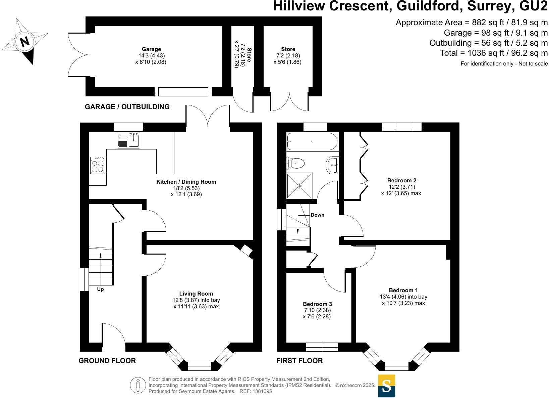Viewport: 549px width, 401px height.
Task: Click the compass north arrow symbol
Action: [24, 42]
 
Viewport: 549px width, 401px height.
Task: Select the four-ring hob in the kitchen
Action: [98, 165]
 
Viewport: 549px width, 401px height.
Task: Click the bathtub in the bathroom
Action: [312, 142]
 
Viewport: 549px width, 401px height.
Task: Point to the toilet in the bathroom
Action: [296, 164]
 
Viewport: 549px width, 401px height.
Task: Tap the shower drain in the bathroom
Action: [299, 186]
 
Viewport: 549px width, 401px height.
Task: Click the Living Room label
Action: [196, 294]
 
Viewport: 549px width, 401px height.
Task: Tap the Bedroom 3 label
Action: [317, 304]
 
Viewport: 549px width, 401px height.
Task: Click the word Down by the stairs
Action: [317, 215]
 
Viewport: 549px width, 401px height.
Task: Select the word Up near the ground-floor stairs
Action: [100, 289]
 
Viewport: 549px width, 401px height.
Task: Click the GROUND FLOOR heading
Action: [107, 361]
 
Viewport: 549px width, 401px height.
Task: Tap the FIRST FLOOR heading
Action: [299, 361]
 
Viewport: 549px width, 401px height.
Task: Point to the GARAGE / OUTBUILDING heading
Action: [127, 107]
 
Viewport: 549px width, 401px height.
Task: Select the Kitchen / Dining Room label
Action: [186, 182]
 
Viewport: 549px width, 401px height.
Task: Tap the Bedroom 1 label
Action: [403, 290]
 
